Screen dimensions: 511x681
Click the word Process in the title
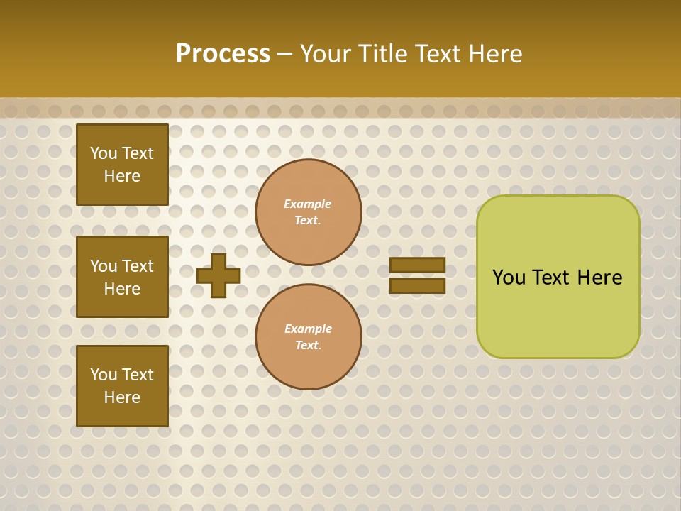(x=223, y=54)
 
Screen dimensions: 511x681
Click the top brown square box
(x=122, y=165)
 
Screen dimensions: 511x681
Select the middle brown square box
(x=122, y=277)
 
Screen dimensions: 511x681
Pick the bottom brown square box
(x=122, y=386)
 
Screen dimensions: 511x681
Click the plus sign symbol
(x=218, y=275)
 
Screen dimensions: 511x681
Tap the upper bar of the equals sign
(x=417, y=265)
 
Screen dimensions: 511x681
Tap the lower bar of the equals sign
(x=417, y=285)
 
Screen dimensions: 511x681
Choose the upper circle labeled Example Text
(x=308, y=212)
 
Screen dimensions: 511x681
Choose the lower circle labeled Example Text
(x=308, y=337)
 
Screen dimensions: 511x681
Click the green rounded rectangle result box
(x=558, y=277)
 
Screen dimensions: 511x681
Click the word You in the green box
(x=509, y=278)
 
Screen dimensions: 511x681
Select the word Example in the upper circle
(x=308, y=204)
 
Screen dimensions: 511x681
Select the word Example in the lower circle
(x=308, y=329)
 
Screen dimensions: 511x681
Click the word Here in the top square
(x=122, y=176)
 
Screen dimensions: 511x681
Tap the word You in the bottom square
(x=104, y=375)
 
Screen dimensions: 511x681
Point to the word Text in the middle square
(x=138, y=266)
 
